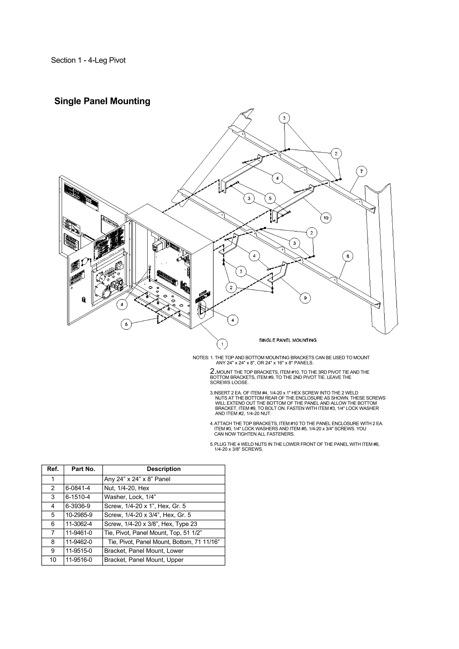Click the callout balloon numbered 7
tap(362, 171)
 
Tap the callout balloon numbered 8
tap(348, 256)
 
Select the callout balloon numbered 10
tap(326, 218)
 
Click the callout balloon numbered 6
tap(126, 324)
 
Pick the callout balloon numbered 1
tap(222, 344)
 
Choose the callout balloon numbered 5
tap(270, 198)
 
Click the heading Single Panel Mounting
tap(102, 101)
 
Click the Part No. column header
tap(83, 469)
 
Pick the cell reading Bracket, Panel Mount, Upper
tap(144, 560)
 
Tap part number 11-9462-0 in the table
tap(79, 542)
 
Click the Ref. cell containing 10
tap(53, 560)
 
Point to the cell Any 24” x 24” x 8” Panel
tap(137, 479)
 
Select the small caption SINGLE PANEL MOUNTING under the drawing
tap(288, 340)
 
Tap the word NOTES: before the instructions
tap(201, 358)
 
